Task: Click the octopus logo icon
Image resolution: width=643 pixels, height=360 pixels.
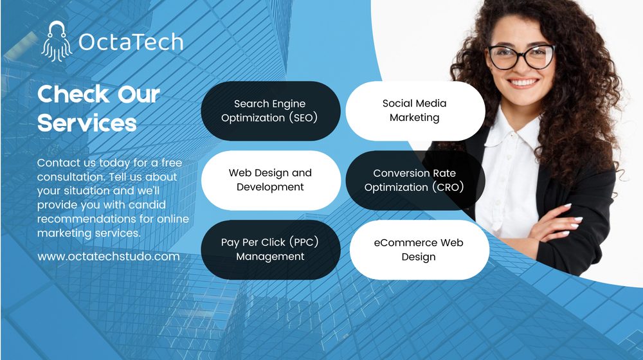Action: [x=56, y=42]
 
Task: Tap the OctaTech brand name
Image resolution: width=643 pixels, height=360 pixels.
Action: [x=131, y=42]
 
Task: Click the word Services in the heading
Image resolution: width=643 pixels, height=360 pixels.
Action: [x=87, y=123]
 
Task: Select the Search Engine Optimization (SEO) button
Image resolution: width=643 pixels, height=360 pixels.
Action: [x=270, y=111]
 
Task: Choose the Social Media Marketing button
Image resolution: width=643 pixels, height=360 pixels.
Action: [x=415, y=111]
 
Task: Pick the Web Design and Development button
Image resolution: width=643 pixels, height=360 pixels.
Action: [x=270, y=180]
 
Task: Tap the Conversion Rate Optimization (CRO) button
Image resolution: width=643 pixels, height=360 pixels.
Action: [x=415, y=180]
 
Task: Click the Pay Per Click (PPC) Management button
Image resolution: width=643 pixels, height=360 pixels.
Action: [x=270, y=249]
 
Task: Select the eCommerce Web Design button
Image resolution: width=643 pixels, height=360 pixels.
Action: [x=419, y=249]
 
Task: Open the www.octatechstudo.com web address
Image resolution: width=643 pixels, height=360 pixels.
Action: [x=108, y=256]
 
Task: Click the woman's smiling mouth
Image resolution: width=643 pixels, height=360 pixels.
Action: [x=524, y=83]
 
